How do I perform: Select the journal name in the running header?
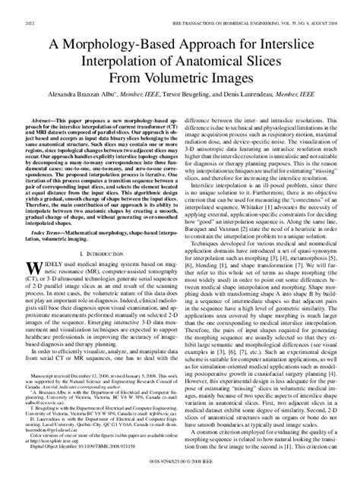(243, 8)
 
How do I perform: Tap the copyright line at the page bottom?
(180, 471)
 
